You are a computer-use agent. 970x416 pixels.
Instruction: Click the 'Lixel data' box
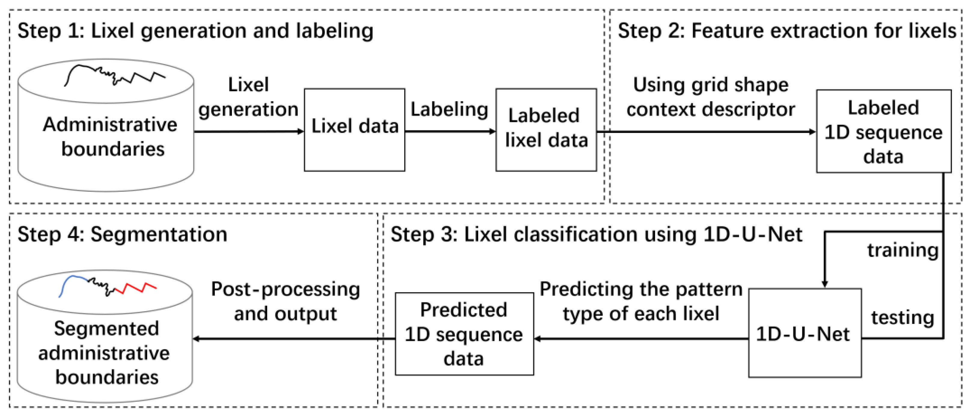(354, 130)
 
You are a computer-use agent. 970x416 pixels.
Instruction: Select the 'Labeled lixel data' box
(546, 130)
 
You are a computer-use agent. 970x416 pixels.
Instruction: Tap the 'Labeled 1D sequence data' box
(883, 131)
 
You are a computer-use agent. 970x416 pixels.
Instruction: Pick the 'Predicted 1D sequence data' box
(464, 334)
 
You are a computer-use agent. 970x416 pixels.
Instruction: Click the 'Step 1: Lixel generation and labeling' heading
(195, 31)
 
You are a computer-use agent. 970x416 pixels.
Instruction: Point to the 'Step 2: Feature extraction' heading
(786, 31)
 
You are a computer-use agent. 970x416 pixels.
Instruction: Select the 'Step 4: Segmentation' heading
(122, 234)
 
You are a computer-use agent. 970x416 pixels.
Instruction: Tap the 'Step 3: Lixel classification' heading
(596, 234)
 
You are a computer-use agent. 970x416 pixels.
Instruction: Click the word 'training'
(902, 250)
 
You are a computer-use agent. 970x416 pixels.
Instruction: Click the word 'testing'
(902, 318)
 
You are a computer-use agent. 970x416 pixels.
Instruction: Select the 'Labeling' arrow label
(449, 109)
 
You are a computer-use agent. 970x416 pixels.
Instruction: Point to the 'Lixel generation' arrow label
(248, 97)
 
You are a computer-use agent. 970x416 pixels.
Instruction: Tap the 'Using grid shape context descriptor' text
(710, 97)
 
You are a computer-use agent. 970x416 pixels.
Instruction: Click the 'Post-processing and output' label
(285, 301)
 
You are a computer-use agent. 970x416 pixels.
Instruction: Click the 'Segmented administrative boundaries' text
(105, 353)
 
